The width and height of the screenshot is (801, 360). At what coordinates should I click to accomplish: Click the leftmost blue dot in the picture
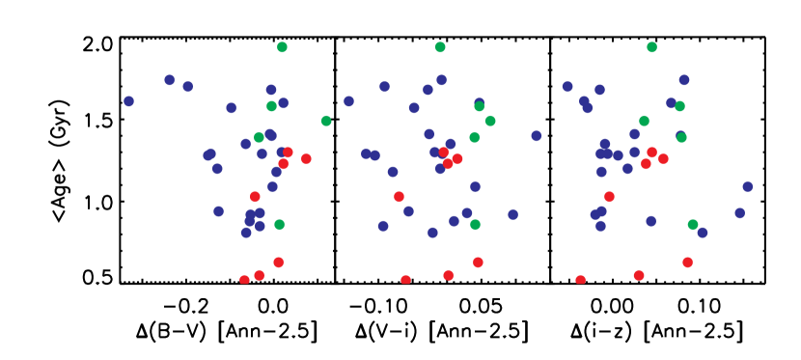click(x=128, y=101)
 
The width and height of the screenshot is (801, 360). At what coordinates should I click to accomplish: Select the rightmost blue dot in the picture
click(x=747, y=186)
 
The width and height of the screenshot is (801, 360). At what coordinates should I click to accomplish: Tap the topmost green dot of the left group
click(x=282, y=47)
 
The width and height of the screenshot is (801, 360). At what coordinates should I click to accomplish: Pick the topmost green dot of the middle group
click(x=440, y=47)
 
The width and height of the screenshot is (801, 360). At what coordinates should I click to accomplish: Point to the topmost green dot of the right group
click(x=651, y=47)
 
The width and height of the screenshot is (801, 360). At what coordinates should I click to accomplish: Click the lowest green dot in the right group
click(x=693, y=225)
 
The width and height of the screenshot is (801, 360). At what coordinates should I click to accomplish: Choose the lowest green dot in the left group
click(x=279, y=224)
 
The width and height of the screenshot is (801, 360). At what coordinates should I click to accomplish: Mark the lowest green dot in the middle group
click(x=475, y=224)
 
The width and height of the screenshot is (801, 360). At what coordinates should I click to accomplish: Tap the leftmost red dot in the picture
click(x=244, y=280)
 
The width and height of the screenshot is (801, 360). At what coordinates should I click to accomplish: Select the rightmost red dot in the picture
click(x=687, y=263)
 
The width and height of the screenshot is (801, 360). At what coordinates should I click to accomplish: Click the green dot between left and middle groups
click(x=326, y=121)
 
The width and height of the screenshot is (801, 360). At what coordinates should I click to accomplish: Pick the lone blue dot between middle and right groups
click(x=537, y=136)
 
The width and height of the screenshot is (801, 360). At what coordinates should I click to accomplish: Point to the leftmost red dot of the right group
click(x=580, y=280)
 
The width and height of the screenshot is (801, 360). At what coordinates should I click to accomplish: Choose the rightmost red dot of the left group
click(x=306, y=158)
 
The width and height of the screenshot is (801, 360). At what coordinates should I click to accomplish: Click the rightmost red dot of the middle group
click(x=478, y=263)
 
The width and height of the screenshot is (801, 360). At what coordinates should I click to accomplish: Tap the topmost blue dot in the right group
click(x=684, y=80)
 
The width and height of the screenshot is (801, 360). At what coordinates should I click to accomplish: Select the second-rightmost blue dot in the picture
click(x=739, y=213)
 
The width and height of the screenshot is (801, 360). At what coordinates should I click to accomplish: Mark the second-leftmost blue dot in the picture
click(x=170, y=80)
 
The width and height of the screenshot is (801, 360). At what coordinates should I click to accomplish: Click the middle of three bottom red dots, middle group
click(x=448, y=275)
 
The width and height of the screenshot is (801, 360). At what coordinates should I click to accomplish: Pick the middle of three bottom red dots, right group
click(x=639, y=275)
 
